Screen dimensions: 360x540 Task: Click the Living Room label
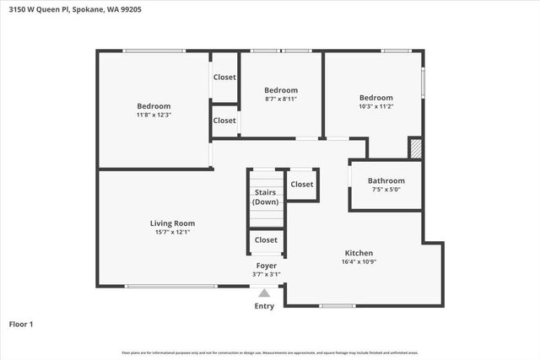point(173,223)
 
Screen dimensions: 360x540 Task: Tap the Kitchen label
point(359,253)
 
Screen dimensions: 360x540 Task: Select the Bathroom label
point(386,180)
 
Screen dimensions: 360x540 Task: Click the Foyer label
point(267,266)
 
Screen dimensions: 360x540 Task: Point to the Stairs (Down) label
point(266,197)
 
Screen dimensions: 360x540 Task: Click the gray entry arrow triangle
point(264,293)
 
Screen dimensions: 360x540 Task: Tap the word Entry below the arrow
point(264,306)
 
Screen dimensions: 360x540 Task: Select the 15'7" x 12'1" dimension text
point(173,233)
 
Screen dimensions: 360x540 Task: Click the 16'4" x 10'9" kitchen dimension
point(359,262)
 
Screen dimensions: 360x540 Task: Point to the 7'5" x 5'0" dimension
point(386,190)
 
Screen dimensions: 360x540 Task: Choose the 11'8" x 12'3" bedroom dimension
point(154,115)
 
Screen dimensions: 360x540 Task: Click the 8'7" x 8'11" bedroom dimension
point(281,99)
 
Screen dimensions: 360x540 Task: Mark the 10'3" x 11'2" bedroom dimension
point(375,106)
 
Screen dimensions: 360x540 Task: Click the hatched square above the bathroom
point(415,148)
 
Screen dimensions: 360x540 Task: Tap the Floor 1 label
point(21,323)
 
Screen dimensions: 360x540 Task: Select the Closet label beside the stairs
point(302,184)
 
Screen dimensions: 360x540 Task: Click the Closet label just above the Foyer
point(266,240)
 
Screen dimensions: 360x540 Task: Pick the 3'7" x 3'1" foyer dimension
point(267,274)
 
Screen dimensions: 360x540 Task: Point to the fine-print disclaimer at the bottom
point(270,352)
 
